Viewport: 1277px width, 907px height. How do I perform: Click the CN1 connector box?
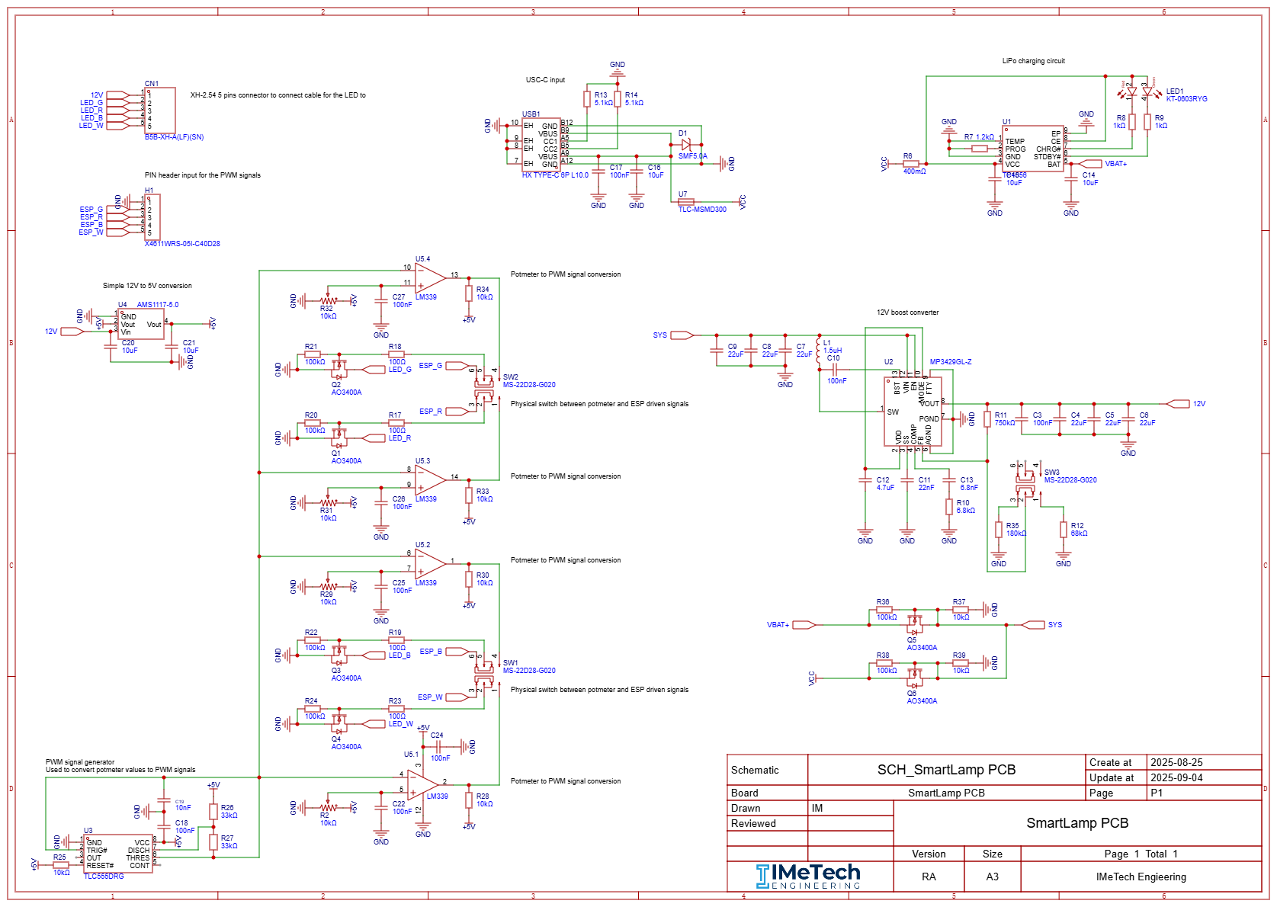tap(160, 111)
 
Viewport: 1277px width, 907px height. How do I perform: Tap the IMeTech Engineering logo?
tap(808, 877)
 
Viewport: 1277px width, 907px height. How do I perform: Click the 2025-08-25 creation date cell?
tap(1176, 762)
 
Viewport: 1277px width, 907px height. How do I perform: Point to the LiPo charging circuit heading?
tap(1033, 61)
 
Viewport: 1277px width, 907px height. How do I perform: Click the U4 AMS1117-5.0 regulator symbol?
tap(141, 324)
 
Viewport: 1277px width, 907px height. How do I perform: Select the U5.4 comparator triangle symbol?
tap(429, 278)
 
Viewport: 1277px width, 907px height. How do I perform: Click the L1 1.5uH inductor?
tap(820, 351)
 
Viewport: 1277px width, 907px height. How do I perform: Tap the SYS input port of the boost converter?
tap(681, 335)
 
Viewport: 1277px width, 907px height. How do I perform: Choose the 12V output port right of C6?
tap(1178, 404)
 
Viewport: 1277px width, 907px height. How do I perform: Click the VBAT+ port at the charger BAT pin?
tap(1091, 164)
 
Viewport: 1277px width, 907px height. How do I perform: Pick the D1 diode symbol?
tap(686, 144)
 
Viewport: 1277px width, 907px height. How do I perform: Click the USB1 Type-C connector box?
tap(541, 145)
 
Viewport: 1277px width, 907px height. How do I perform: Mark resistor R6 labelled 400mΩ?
tap(911, 164)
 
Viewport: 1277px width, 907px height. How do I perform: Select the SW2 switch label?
tap(510, 377)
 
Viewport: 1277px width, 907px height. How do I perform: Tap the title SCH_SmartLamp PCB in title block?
tap(946, 770)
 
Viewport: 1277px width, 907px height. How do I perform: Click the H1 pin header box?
tap(152, 217)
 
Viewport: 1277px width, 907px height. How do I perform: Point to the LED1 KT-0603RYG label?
tap(1186, 95)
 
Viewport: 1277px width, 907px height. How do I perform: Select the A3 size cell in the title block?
tap(992, 877)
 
